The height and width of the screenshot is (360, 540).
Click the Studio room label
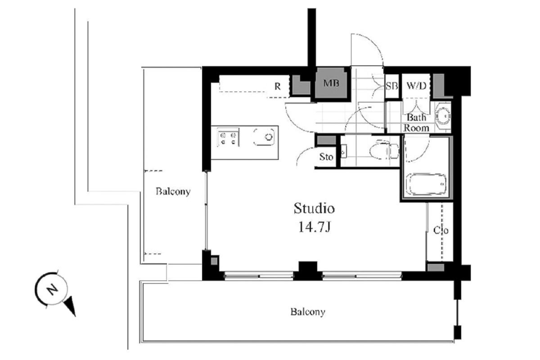tap(314, 208)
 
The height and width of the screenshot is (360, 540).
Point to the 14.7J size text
tap(315, 227)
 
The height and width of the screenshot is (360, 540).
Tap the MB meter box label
tap(331, 83)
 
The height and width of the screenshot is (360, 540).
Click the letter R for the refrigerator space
tap(278, 86)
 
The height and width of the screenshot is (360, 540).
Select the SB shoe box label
tap(392, 86)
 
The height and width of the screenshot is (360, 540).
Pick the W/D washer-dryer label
tap(416, 85)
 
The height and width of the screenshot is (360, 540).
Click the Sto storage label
tap(326, 157)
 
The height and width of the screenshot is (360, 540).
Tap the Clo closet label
tap(441, 230)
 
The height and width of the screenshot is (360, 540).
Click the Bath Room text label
tap(416, 123)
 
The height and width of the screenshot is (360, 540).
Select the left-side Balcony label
tap(173, 191)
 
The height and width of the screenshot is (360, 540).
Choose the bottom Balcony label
tap(308, 312)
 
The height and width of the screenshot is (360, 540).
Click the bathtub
tap(426, 184)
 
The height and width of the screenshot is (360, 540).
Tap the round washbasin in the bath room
tap(443, 116)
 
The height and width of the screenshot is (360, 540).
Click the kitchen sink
tap(264, 137)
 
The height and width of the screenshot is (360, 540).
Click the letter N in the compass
tap(52, 290)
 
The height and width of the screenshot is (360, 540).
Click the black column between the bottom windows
tap(308, 270)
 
